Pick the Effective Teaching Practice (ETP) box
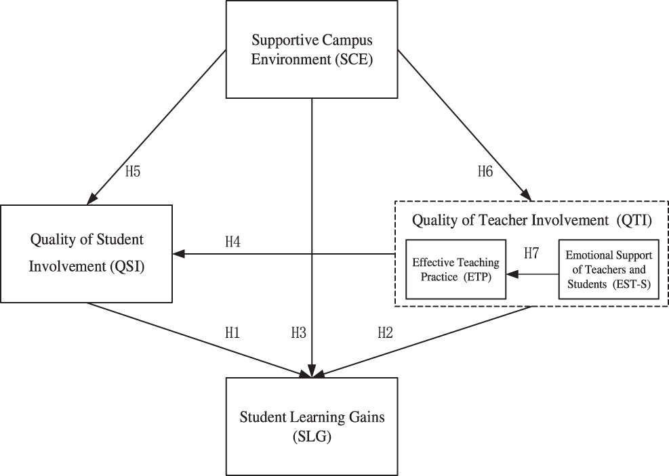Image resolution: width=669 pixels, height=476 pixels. click(455, 269)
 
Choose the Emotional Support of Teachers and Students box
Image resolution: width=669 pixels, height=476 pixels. click(608, 269)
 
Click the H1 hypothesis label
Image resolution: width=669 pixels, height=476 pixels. click(232, 332)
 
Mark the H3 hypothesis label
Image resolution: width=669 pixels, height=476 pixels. click(299, 332)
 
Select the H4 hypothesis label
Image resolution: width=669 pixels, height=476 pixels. click(232, 241)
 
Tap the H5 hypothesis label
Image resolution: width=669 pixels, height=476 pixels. click(133, 171)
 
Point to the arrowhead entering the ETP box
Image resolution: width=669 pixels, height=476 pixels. click(513, 275)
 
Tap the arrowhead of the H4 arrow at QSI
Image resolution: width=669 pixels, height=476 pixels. click(178, 254)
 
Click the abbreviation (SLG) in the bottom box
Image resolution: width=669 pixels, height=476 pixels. click(311, 437)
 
